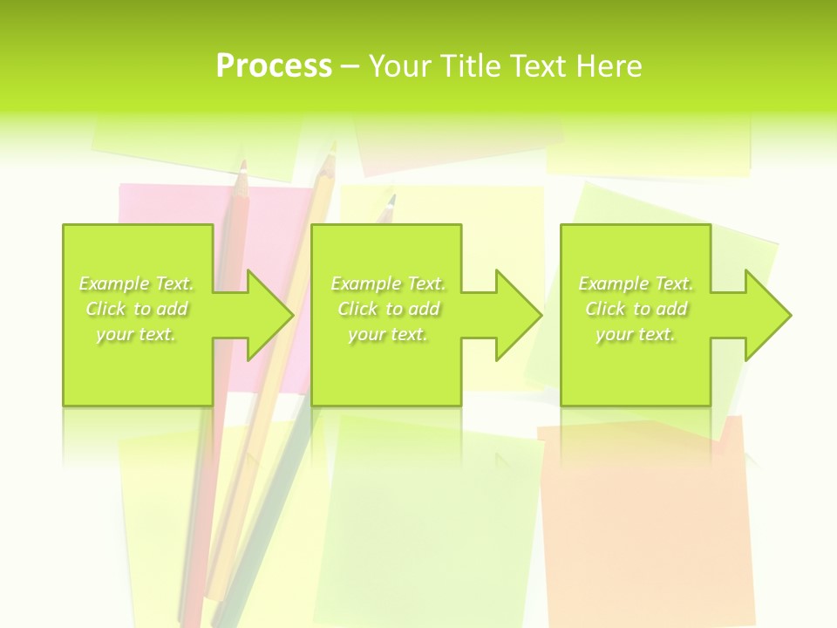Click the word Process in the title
[273, 65]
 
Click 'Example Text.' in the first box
[136, 283]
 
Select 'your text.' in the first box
[136, 334]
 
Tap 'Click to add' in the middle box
[388, 309]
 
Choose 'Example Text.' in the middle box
[388, 283]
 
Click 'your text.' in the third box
[636, 334]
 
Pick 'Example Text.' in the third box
[636, 283]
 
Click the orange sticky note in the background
[645, 523]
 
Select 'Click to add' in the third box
[636, 309]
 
